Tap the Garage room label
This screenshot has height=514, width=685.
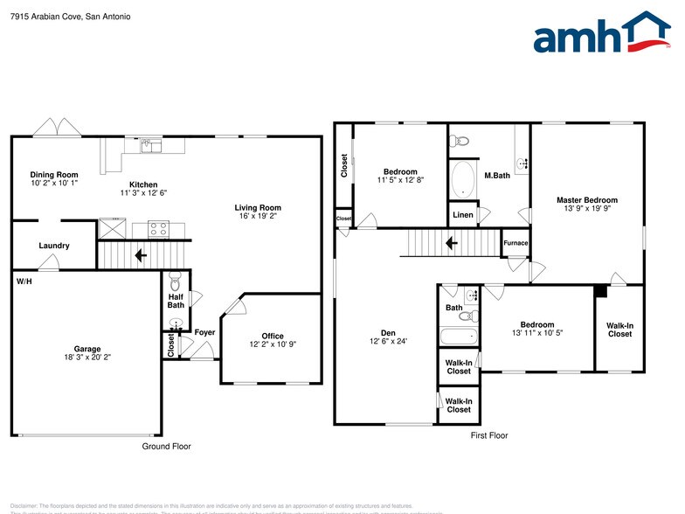(x=87, y=351)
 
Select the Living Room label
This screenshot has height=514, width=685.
(x=258, y=212)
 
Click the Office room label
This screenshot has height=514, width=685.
(x=273, y=340)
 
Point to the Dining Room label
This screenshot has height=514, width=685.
(x=54, y=179)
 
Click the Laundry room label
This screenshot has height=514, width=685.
(x=54, y=246)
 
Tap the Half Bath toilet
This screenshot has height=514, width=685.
(x=174, y=282)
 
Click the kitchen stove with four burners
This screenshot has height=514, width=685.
(x=158, y=229)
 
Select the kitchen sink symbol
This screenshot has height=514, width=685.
(x=152, y=146)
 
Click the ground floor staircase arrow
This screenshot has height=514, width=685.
(x=140, y=255)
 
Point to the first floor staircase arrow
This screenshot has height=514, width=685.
(x=451, y=242)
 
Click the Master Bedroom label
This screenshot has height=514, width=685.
(x=587, y=205)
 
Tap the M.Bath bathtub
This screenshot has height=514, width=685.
(x=463, y=179)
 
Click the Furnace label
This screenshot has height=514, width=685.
(x=515, y=242)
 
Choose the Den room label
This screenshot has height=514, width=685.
(x=388, y=336)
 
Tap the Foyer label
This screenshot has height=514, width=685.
(x=204, y=332)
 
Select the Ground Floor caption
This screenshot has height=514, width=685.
(x=166, y=446)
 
